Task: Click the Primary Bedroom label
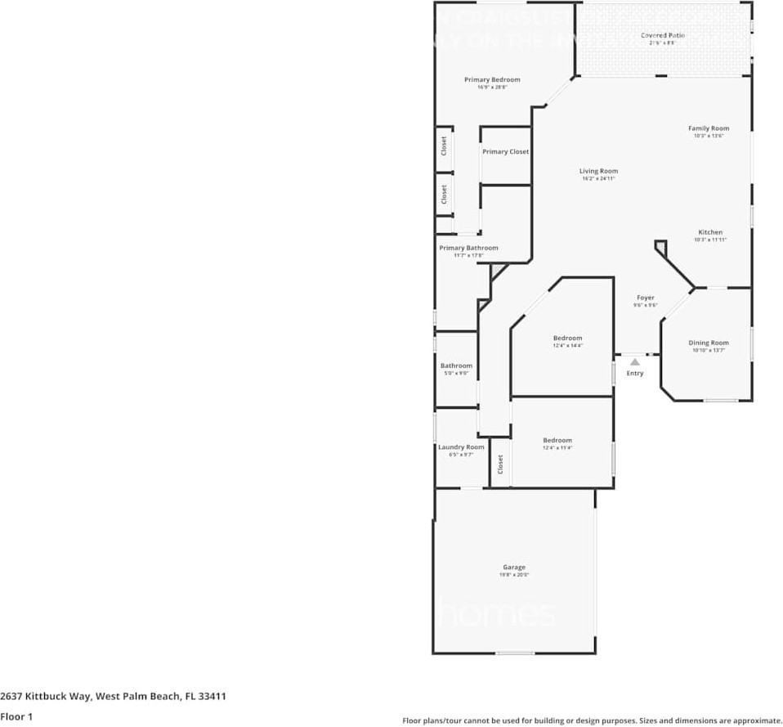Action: point(492,80)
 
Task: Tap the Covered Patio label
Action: point(662,36)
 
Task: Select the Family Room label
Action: point(708,128)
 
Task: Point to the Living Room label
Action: point(598,172)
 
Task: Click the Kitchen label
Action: point(709,232)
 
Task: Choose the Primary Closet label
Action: point(505,152)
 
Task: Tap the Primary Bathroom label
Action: point(468,248)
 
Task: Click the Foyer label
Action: point(645,298)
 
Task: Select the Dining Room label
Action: point(708,343)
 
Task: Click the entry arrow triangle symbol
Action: point(634,361)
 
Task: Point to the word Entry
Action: point(634,374)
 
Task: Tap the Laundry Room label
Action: point(461,447)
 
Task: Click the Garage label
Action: point(514,568)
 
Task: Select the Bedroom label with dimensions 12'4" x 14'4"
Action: point(567,339)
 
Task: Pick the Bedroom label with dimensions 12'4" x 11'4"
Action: point(557,441)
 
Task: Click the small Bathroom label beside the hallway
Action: point(456,366)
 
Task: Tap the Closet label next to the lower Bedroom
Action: point(500,464)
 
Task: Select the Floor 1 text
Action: point(16,717)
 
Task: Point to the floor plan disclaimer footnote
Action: point(592,720)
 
